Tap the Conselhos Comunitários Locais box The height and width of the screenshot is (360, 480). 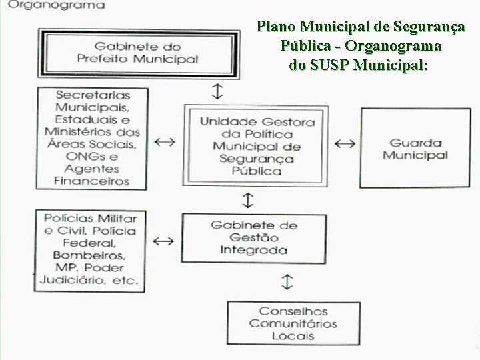[293, 323]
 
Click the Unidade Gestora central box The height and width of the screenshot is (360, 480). [257, 146]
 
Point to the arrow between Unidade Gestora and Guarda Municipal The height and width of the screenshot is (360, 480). [345, 143]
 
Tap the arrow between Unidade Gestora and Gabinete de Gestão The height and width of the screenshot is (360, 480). [247, 199]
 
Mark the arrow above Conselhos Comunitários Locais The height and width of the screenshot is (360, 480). [287, 281]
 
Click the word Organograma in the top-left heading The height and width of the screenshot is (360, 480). [58, 5]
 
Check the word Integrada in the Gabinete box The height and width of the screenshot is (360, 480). [254, 250]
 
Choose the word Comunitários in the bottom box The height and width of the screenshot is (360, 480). [293, 324]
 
